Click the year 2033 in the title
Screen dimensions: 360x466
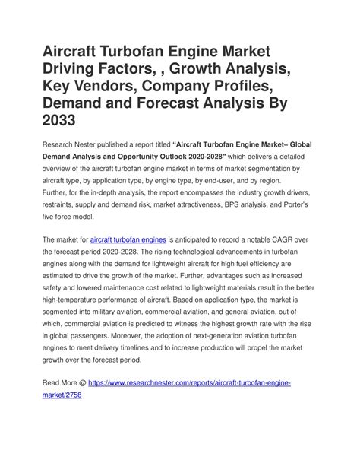(x=68, y=122)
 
